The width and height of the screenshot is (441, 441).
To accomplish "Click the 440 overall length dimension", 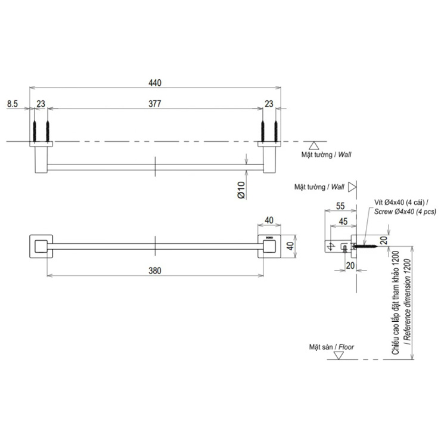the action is [155, 83].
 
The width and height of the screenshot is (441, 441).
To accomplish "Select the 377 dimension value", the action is [155, 104].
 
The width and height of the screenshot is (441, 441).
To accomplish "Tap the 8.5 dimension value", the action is [13, 104].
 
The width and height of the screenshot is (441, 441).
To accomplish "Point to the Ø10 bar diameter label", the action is [241, 190].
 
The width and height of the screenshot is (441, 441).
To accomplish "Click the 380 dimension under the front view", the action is [155, 271].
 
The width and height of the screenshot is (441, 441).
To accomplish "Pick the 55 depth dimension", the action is [340, 206].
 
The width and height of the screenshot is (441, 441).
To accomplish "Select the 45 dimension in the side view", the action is [343, 222].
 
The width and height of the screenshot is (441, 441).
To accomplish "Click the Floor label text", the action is [346, 347].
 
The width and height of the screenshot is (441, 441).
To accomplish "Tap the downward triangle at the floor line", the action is [338, 356].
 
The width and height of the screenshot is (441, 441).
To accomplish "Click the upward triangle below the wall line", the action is [314, 145].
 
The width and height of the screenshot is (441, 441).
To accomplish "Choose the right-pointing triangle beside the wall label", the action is [352, 187].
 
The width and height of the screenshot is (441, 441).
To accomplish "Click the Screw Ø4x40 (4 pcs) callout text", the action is [405, 212].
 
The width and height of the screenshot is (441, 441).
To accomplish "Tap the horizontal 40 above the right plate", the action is [269, 220].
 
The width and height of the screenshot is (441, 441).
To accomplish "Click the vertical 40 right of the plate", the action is [290, 246].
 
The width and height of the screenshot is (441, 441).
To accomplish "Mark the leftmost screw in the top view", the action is [35, 131].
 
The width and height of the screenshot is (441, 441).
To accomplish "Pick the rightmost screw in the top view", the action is [276, 131].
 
